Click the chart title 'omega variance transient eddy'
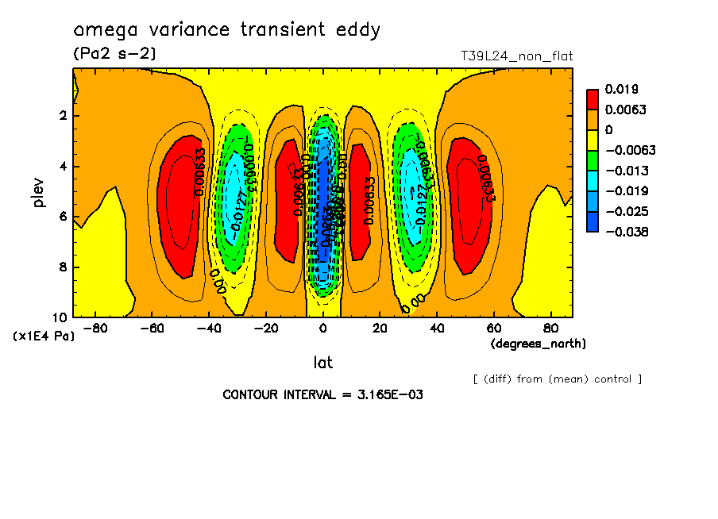[227, 31]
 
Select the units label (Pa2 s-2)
[114, 54]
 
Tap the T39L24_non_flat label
[516, 56]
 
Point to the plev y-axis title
[39, 192]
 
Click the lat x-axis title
[322, 363]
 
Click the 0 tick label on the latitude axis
[322, 328]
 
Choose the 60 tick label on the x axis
[492, 328]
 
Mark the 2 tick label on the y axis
[62, 116]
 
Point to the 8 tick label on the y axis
[62, 267]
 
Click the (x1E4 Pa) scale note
[43, 336]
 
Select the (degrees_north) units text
[538, 344]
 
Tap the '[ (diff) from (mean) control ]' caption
[557, 379]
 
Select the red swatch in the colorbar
[593, 98]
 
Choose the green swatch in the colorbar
[593, 160]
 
